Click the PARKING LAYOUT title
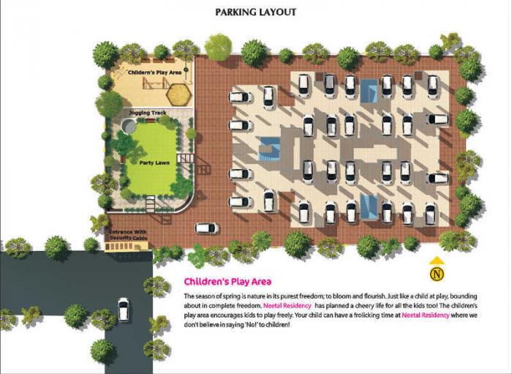[x=255, y=12]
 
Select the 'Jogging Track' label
[x=147, y=113]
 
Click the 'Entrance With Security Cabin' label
[x=129, y=236]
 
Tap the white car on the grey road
[x=123, y=310]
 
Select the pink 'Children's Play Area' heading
[x=227, y=281]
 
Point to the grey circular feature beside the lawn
[x=129, y=126]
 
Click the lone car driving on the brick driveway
[x=207, y=228]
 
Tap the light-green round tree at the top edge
[x=218, y=48]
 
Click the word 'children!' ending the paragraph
[x=276, y=323]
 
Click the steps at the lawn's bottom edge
[x=151, y=204]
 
